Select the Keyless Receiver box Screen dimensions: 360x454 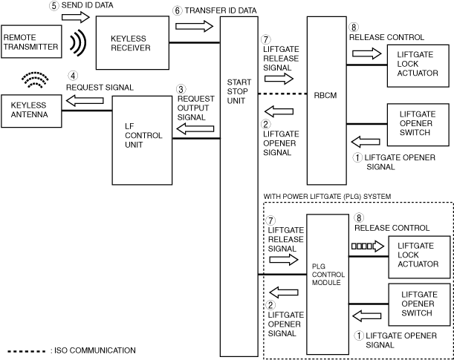(x=130, y=42)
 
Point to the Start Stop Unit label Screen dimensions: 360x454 (x=239, y=93)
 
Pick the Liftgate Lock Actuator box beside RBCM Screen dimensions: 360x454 (x=415, y=63)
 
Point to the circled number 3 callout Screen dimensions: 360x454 (x=181, y=88)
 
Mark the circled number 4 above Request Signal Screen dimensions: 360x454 (x=73, y=76)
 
